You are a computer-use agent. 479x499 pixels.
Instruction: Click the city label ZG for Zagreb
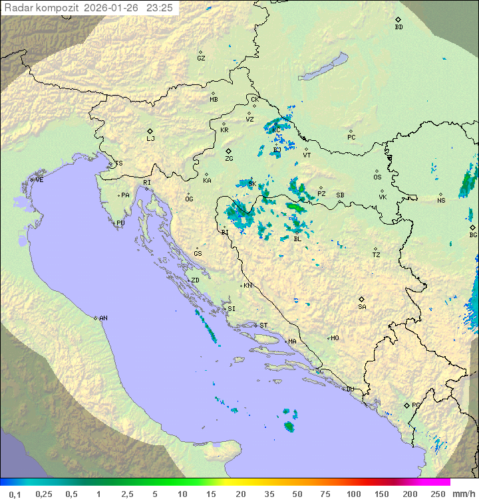coord(229,159)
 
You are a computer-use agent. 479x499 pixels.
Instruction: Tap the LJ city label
coord(150,139)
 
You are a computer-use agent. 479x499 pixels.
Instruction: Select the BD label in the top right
coord(399,27)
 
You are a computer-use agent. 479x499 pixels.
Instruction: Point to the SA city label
coord(362,307)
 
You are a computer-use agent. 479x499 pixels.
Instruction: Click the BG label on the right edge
coord(473,235)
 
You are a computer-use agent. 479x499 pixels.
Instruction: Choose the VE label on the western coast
coord(39,180)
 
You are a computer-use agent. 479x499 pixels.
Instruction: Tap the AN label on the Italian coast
coord(103,318)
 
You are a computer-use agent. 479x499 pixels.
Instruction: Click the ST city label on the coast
coord(263,326)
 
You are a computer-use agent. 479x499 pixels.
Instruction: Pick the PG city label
coord(416,405)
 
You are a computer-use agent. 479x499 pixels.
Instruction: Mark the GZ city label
coord(201,58)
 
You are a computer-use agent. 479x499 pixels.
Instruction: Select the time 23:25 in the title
coord(160,8)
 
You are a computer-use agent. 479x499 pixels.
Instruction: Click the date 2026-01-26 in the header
coord(113,8)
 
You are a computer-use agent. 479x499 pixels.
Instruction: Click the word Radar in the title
coord(17,8)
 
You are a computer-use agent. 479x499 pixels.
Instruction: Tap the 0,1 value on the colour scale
coord(15,494)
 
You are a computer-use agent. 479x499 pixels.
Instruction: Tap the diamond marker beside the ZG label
coord(228,151)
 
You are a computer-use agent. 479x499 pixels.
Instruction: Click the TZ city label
coord(377,255)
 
